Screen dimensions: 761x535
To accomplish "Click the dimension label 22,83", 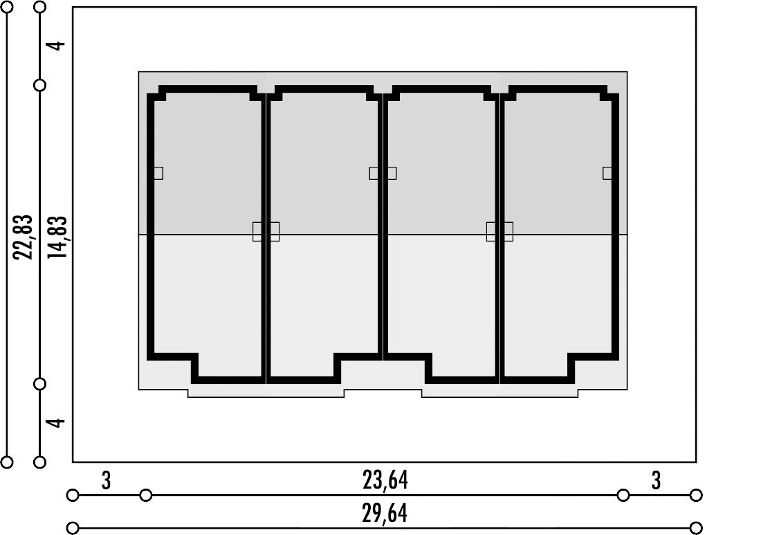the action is coord(24,237).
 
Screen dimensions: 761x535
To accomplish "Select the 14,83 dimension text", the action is coord(57,237).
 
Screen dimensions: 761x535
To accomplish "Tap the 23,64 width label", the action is coord(385,480).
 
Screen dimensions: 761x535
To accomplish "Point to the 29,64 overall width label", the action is coord(385,514).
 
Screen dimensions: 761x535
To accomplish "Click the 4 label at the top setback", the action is coord(57,45).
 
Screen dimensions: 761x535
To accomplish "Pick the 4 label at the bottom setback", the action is coord(57,422).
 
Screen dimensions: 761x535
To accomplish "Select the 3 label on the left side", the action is coord(107,480).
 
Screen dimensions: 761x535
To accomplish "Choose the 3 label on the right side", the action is coord(656,480).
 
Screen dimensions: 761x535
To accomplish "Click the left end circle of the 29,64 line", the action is coord(73,527).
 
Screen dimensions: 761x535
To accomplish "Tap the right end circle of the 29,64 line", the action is coord(696,527).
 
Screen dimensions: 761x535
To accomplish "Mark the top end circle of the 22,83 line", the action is coord(7,7).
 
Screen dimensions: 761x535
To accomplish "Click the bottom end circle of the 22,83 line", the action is coord(7,462).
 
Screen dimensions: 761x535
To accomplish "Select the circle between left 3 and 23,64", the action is coord(145,496).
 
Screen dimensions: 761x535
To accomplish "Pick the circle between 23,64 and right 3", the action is coord(623,496).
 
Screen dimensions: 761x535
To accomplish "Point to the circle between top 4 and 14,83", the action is coord(40,85).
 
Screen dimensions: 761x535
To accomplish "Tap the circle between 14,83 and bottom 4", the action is coord(40,384).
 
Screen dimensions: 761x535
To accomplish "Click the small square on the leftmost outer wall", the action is coord(158,173).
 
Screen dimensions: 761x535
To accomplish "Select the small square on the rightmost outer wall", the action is coord(607,173).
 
